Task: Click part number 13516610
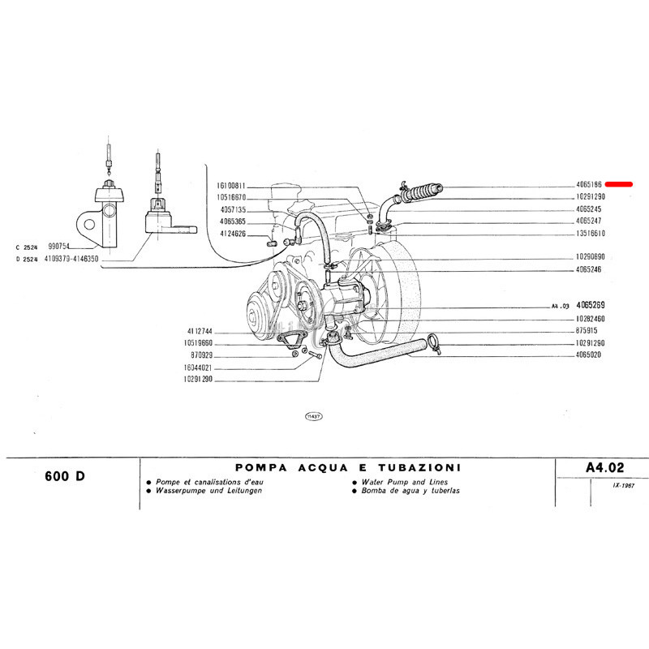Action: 590,233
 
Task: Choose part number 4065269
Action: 591,306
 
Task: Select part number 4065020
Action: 588,355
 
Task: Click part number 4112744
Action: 199,332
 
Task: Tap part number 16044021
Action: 198,367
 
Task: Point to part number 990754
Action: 61,245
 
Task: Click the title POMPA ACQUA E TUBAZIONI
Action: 348,467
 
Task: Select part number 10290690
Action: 590,257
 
